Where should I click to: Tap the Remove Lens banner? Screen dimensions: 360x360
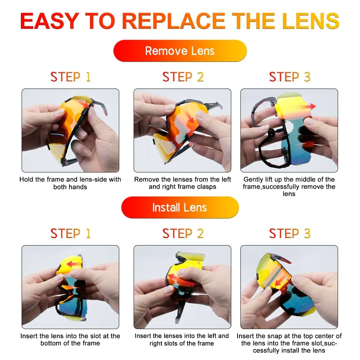point(180,51)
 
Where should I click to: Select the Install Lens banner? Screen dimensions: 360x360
point(180,207)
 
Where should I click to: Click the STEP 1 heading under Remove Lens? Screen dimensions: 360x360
point(71,77)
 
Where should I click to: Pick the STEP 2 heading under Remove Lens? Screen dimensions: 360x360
point(183,77)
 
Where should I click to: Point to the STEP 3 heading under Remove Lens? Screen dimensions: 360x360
point(290,77)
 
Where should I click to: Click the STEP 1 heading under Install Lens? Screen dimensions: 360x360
point(71,233)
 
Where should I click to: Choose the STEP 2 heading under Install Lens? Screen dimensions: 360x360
point(183,233)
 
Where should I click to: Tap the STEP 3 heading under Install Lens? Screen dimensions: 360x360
point(290,233)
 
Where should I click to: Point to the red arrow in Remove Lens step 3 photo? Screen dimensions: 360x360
point(306,107)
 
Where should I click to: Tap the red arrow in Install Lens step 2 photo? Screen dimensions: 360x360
point(177,279)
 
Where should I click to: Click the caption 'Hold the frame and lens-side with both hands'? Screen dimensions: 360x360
point(70,183)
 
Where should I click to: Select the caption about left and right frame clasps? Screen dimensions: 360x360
point(183,183)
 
